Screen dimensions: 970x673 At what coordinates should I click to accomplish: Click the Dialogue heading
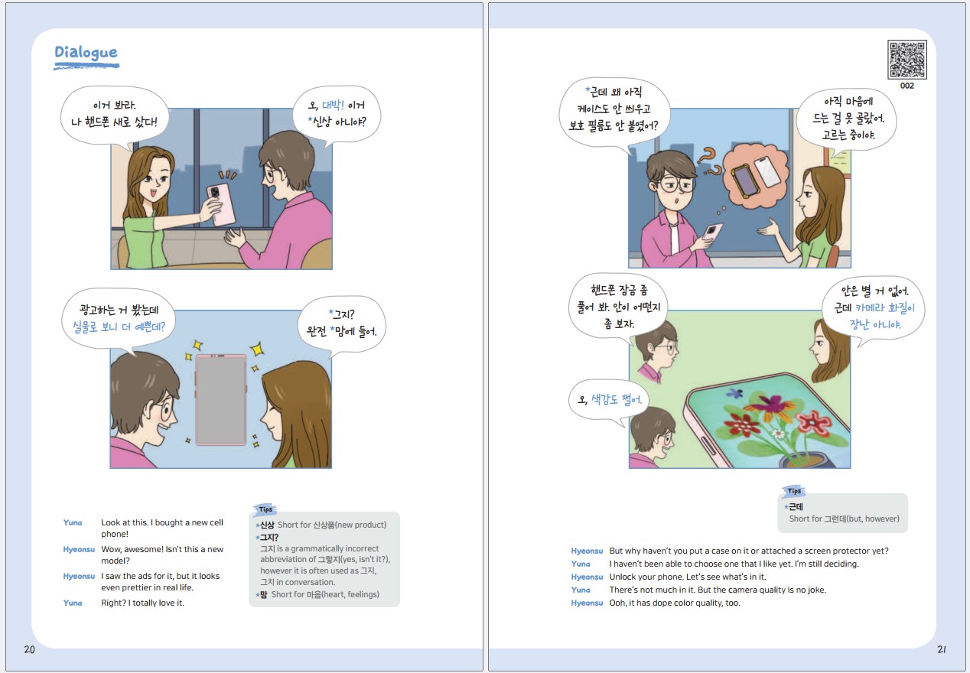tap(86, 52)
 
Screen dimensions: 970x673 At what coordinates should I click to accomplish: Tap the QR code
tap(907, 60)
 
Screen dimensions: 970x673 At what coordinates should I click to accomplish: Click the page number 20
tap(29, 649)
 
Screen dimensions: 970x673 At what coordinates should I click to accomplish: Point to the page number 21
tap(942, 649)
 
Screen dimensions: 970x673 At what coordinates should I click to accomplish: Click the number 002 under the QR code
tap(907, 86)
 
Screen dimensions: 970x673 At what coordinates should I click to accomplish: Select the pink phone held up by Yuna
tap(221, 204)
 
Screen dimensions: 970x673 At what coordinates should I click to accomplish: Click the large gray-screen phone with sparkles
tap(221, 400)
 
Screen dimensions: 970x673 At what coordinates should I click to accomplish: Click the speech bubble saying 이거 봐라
tap(114, 115)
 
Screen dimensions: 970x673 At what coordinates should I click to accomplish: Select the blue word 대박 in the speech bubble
tap(333, 105)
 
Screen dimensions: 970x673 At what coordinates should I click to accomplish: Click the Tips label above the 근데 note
tap(794, 491)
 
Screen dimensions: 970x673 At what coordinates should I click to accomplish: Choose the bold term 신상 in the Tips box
tap(267, 525)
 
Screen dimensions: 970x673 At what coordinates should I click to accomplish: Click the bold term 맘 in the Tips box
tap(263, 595)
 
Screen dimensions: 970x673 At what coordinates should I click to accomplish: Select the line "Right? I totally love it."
tap(142, 603)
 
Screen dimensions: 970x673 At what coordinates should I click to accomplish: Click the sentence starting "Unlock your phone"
tap(688, 577)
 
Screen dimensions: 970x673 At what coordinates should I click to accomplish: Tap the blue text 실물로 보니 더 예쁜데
tap(119, 327)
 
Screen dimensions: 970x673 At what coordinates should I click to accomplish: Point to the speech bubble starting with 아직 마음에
tap(847, 120)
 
